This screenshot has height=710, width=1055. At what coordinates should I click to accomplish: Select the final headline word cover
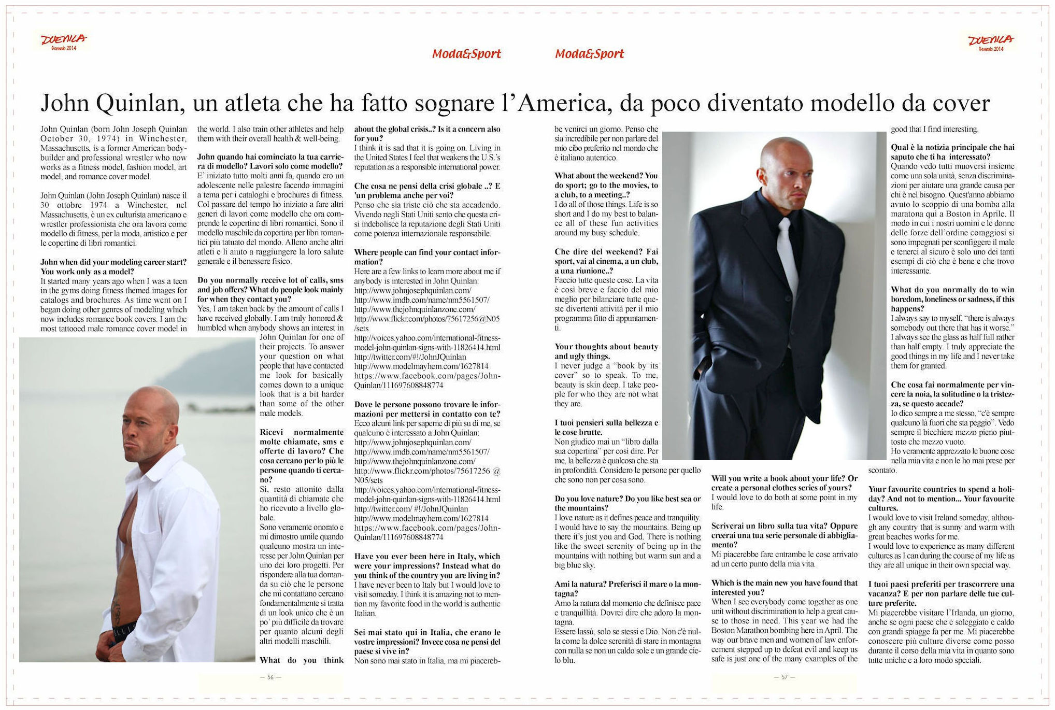point(961,103)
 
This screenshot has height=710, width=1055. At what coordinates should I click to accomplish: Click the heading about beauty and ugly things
point(606,351)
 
